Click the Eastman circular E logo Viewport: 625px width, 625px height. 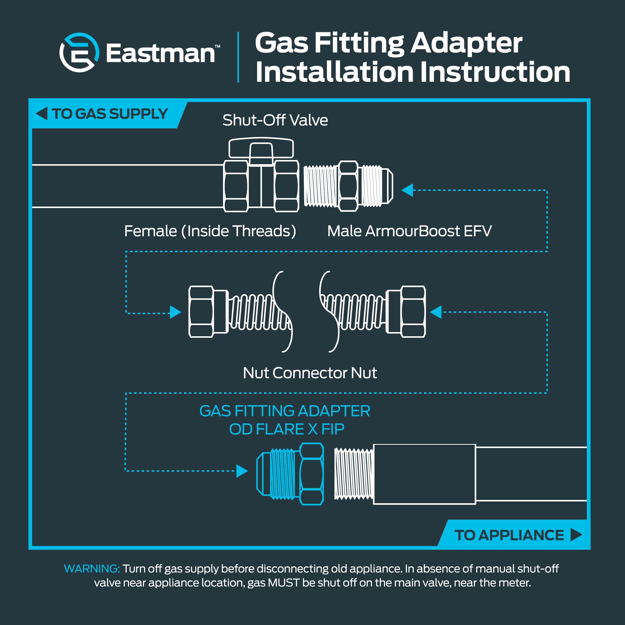tap(79, 52)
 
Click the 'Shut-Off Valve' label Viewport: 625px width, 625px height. tap(275, 120)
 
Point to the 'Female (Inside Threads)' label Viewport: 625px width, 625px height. tap(210, 231)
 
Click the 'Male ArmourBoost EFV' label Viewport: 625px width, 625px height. tap(409, 231)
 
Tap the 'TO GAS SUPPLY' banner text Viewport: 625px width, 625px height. tap(109, 114)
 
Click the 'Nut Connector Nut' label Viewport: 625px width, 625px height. tap(309, 373)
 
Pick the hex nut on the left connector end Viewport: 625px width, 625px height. tap(201, 311)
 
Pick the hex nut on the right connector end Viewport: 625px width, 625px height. tap(413, 311)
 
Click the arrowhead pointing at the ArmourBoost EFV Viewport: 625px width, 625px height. tap(407, 190)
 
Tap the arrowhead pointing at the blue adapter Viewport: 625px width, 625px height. tap(242, 471)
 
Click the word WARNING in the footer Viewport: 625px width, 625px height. tap(92, 568)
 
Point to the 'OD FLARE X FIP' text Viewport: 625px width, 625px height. tap(286, 429)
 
